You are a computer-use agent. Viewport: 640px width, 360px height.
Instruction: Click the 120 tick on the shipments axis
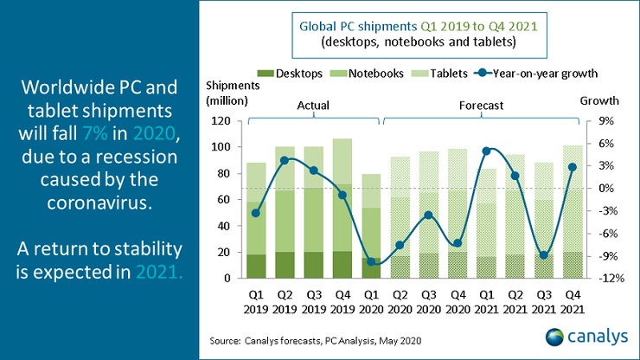point(227,121)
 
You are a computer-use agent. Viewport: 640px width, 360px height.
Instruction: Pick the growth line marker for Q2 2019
point(284,160)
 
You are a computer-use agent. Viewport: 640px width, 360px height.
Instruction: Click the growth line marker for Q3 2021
point(543,255)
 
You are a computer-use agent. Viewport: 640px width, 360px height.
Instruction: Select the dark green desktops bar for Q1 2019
point(256,266)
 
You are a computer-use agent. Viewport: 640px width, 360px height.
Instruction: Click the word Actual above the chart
point(308,106)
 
